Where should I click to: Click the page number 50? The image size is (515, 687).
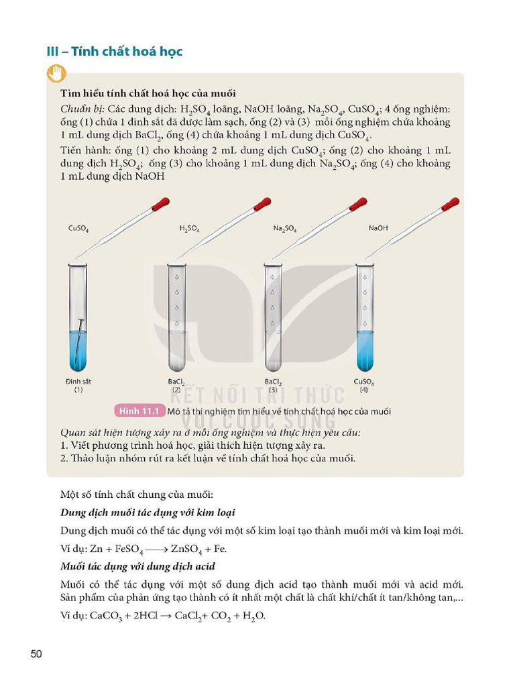coord(37,653)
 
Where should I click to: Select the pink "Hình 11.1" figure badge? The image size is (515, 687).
coord(141,411)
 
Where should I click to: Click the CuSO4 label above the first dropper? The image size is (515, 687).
coord(78,228)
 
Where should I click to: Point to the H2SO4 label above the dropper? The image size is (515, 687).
coord(190,228)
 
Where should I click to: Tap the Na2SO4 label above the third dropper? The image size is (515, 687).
coord(285,228)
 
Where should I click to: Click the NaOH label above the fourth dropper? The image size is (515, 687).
coord(378,228)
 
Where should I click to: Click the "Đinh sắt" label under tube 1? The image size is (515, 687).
coord(78,381)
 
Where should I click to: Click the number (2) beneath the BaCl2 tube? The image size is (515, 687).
coord(176,389)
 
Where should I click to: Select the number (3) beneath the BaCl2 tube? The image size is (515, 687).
coord(273,389)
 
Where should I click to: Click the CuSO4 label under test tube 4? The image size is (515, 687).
coord(364,382)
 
